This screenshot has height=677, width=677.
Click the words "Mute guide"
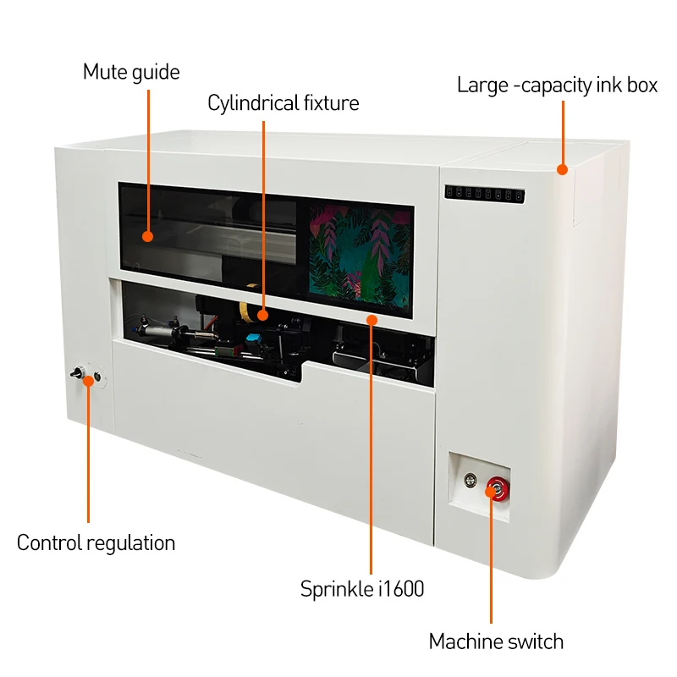(x=131, y=72)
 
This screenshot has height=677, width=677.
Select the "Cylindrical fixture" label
(x=283, y=103)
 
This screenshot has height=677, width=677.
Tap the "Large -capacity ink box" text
(x=557, y=85)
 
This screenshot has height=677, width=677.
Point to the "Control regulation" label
(x=96, y=543)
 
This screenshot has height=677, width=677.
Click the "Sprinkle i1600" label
(x=362, y=589)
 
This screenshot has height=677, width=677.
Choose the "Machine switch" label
(x=496, y=641)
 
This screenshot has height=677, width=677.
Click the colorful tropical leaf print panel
(x=360, y=249)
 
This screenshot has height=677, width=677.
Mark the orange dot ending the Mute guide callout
(x=148, y=237)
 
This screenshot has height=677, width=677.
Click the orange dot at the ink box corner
(x=562, y=169)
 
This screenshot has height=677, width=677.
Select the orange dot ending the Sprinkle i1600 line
(x=371, y=318)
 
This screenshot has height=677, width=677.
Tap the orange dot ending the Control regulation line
(x=88, y=381)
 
